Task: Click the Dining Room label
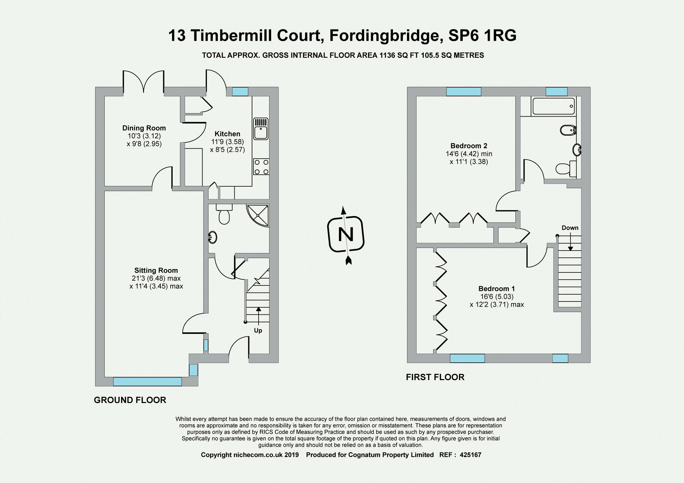144,128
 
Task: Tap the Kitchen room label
227,134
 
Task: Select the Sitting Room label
156,270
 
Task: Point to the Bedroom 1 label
497,289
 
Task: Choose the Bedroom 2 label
469,146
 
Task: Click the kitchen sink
261,129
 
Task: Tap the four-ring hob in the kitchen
261,167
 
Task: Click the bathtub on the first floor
553,106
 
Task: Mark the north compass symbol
346,235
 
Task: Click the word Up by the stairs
258,331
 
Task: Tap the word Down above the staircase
570,228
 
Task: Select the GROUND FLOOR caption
130,400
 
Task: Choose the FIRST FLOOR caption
435,377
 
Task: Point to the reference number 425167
471,455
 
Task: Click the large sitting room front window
147,381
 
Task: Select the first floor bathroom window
556,92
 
